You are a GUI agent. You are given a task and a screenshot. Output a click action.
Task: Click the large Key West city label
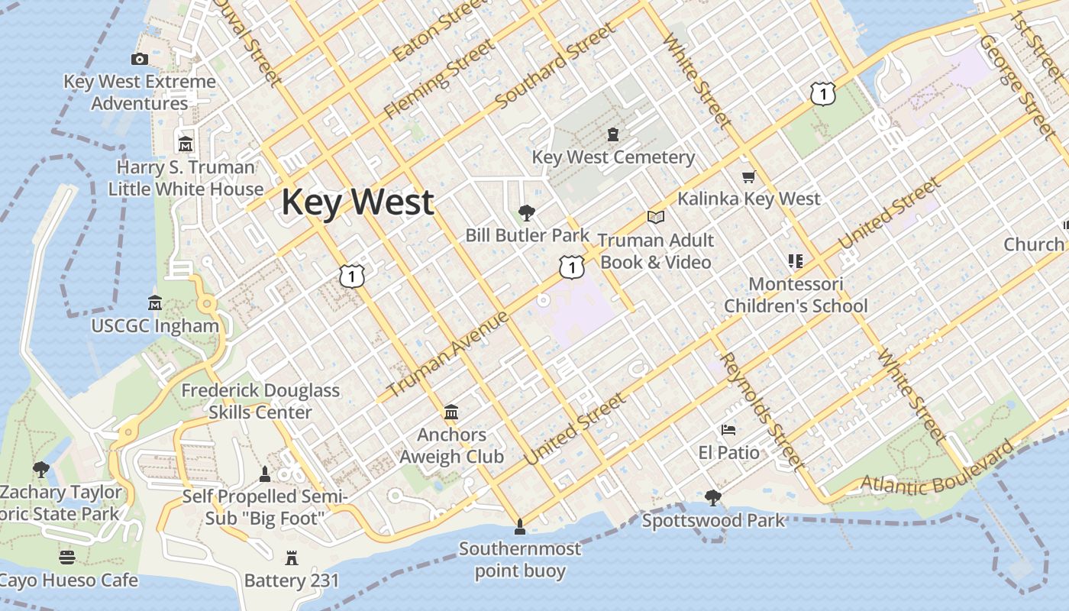point(357,202)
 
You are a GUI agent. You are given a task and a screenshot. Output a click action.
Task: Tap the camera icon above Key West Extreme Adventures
point(140,59)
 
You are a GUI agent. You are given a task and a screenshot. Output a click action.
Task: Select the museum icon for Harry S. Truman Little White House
point(186,144)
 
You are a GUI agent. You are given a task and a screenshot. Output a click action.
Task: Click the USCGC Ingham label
point(155,326)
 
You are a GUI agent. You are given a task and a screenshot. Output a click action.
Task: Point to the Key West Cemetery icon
point(613,135)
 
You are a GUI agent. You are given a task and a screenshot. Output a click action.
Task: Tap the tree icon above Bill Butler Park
point(526,213)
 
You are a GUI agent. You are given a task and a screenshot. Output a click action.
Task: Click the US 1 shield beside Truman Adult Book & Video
point(571,267)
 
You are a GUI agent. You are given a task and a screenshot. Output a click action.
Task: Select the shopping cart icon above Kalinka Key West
point(748,177)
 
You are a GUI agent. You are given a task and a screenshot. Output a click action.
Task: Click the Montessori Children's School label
point(796,295)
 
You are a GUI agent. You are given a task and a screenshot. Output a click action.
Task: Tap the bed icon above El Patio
point(728,430)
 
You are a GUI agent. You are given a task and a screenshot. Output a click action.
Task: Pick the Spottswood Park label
point(713,521)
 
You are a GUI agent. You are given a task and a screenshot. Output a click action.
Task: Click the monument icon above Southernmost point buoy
point(519,526)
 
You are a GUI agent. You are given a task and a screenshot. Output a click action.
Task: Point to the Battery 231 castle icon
point(291,558)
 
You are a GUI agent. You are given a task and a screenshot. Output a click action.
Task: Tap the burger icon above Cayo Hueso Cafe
point(67,558)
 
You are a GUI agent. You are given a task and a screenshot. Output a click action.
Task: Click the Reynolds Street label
point(762,411)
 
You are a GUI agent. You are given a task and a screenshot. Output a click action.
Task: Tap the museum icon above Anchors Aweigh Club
point(451,413)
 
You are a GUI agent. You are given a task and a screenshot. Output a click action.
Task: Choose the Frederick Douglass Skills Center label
point(260,401)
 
